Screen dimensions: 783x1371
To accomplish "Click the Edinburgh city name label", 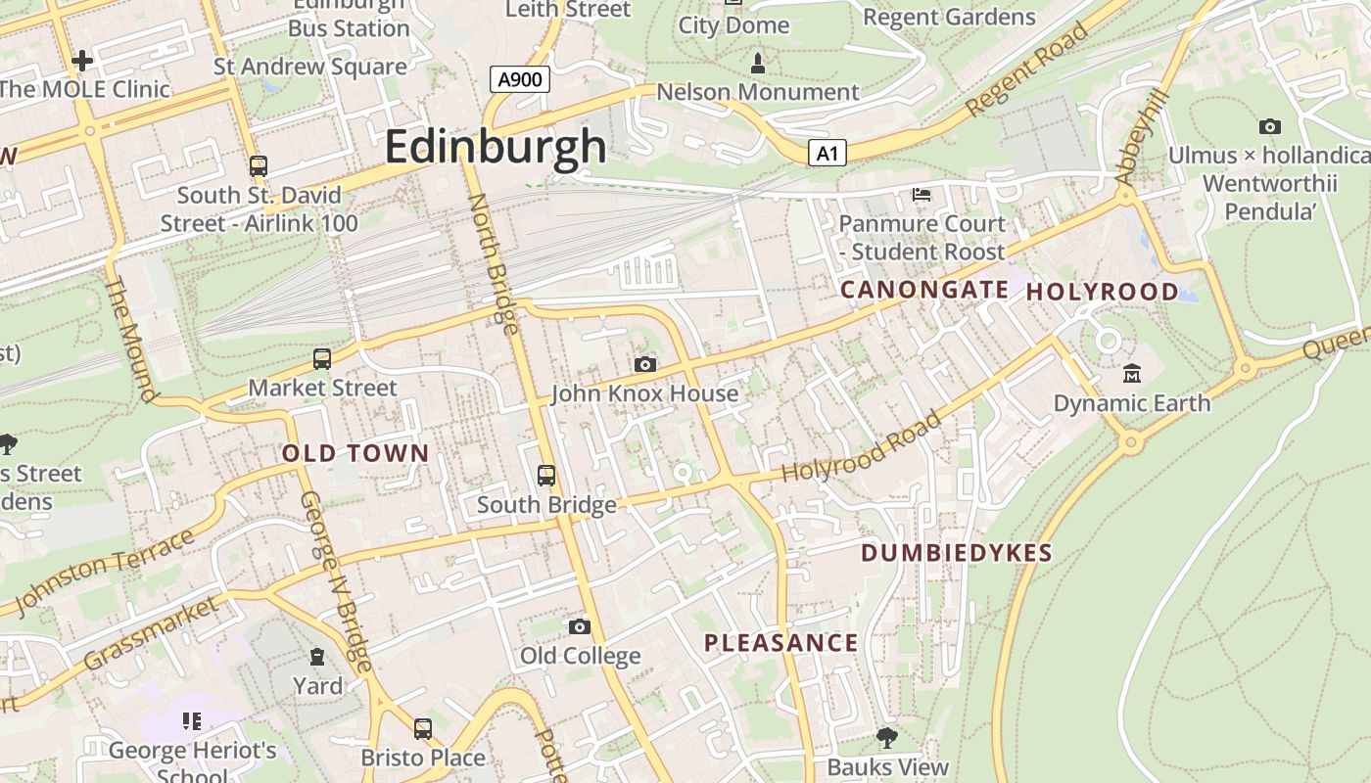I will pos(496,147).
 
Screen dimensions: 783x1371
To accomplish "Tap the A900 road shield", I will pos(519,79).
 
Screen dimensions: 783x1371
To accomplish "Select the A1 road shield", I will pos(827,153).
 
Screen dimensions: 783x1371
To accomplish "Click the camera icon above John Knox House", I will pos(644,364).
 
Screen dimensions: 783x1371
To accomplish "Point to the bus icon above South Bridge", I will pos(546,476).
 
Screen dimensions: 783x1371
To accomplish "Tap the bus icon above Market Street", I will pos(322,359).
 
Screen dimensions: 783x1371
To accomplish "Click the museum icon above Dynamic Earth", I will pos(1132,373).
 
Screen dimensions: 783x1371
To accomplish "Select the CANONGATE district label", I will pos(924,290).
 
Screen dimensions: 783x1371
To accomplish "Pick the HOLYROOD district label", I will pos(1102,292).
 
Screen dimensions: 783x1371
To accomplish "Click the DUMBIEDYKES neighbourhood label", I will pos(956,553).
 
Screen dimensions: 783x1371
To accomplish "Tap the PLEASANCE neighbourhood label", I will pos(781,643).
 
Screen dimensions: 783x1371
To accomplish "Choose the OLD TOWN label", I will pos(355,453).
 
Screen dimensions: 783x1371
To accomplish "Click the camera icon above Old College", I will pos(580,626).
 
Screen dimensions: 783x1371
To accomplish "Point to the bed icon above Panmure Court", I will pos(922,194).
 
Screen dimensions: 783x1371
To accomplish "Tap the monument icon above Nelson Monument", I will pos(757,65).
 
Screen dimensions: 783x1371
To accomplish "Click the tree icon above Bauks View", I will pos(887,737).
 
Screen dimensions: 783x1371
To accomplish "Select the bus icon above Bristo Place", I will pos(423,728).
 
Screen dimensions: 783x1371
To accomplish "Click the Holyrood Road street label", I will pos(862,447).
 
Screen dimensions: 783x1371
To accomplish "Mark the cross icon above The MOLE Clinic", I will pos(82,61).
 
